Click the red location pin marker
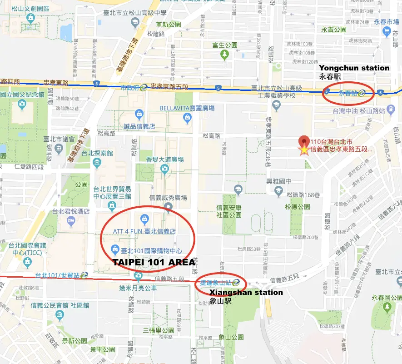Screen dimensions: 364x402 [x=303, y=141]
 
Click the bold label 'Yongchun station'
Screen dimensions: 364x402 [x=354, y=68]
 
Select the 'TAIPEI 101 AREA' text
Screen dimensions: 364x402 [x=154, y=262]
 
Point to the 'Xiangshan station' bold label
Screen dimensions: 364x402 [x=246, y=292]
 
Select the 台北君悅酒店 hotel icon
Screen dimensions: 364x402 [x=71, y=220]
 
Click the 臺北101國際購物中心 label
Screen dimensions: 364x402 [x=152, y=250]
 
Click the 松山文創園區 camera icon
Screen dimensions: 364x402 [x=30, y=18]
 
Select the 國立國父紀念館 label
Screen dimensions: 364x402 [x=22, y=95]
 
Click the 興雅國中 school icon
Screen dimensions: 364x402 [x=277, y=191]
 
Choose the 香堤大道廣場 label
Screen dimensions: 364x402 [x=165, y=160]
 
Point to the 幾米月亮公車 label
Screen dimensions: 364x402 [x=138, y=288]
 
